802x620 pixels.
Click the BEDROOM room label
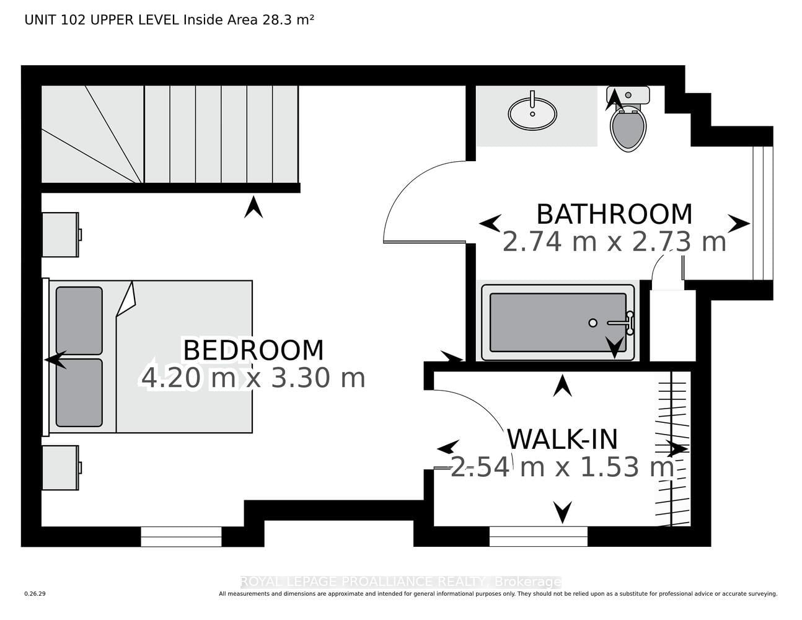[x=253, y=350]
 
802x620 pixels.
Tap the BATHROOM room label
[x=614, y=215]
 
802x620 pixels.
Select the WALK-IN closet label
[x=563, y=440]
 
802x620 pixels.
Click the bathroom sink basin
[x=532, y=113]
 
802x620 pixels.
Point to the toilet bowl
[x=628, y=130]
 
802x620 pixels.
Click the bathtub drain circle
[x=593, y=323]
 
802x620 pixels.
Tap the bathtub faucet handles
[x=630, y=323]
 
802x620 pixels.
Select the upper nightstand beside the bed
[x=61, y=235]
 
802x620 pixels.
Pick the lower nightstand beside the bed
[x=61, y=468]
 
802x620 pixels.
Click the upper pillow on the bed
[x=79, y=321]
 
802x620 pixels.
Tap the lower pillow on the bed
[x=79, y=392]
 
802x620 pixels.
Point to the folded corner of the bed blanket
[x=126, y=299]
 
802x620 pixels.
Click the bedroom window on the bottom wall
[x=181, y=536]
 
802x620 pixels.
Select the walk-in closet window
[x=538, y=536]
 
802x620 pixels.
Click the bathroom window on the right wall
[x=763, y=213]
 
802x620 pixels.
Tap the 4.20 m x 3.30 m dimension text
[x=253, y=378]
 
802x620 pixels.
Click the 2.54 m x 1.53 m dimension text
[x=562, y=467]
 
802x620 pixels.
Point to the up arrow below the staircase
[x=253, y=207]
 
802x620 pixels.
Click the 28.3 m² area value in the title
[x=288, y=20]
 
